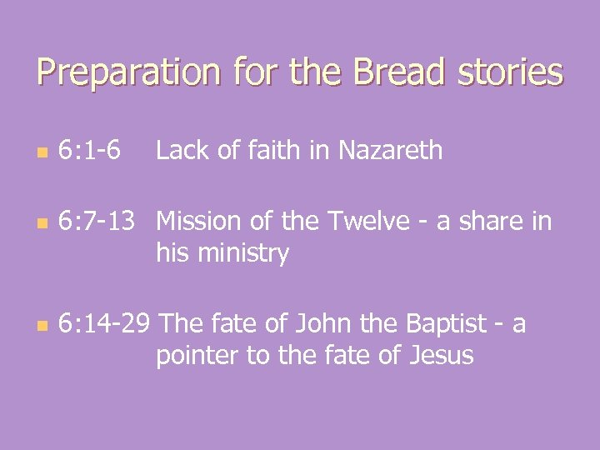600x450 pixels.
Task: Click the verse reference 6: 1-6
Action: tap(89, 151)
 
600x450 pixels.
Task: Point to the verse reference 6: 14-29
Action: tap(104, 324)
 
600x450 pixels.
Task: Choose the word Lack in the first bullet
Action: tap(182, 151)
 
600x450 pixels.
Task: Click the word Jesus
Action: tap(441, 357)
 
